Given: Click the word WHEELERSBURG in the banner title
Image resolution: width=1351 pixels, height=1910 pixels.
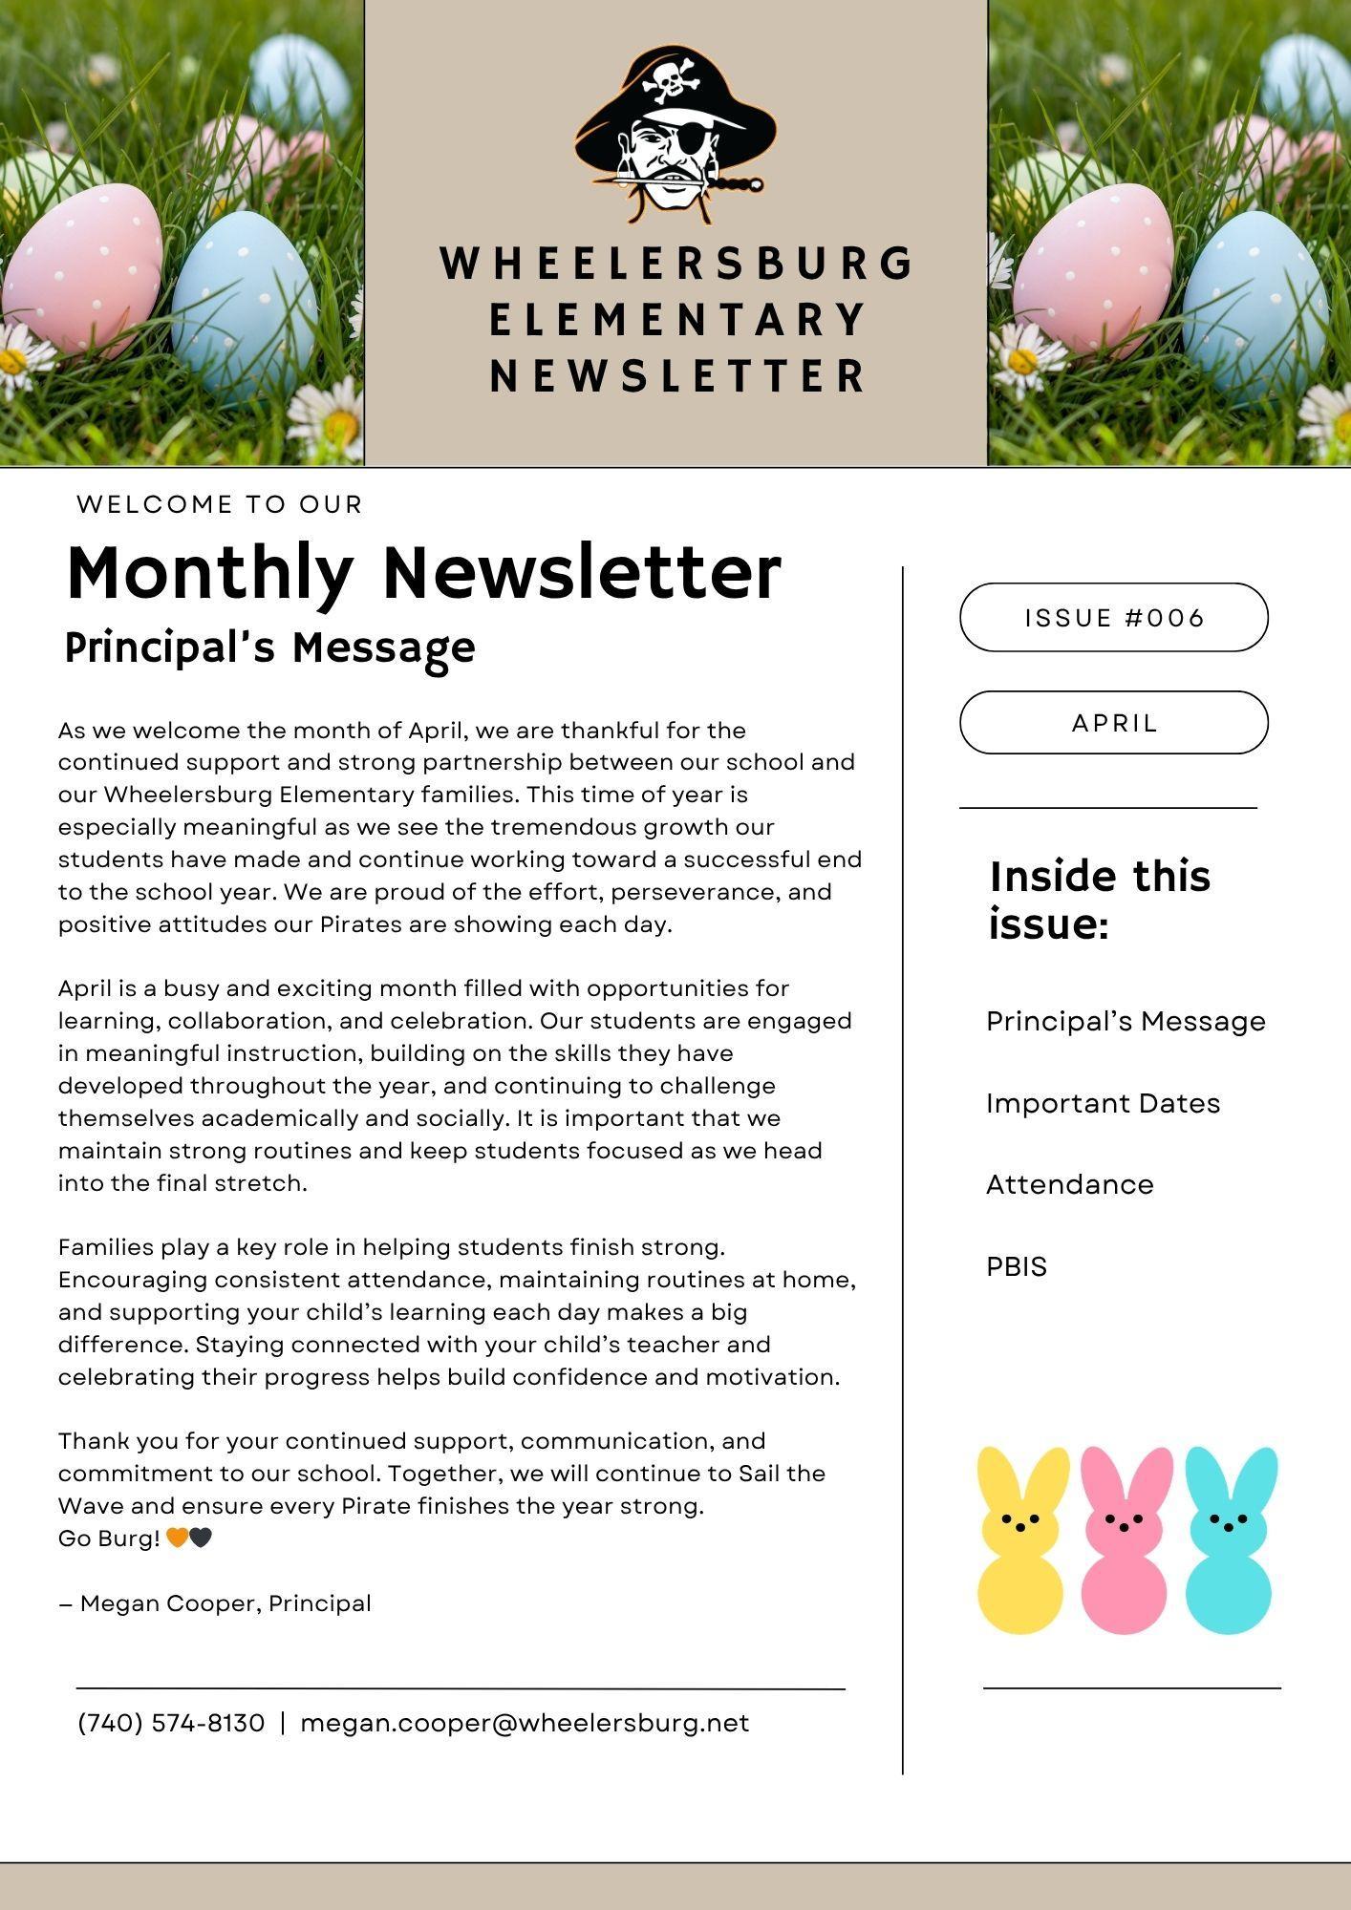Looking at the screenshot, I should (676, 265).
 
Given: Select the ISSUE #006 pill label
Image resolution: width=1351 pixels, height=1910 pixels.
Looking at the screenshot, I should (1114, 618).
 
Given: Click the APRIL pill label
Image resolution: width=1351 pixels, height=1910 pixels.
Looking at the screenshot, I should (1114, 723).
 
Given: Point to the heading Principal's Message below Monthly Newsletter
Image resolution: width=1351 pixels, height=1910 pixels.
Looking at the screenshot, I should (269, 648).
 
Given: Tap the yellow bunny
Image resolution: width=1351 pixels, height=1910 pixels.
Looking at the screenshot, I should (1020, 1539).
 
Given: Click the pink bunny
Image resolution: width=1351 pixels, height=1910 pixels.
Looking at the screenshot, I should (1125, 1539).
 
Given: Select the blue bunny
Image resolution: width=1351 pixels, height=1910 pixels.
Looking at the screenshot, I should (1229, 1539).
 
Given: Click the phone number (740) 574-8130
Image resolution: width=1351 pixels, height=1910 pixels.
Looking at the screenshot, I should (171, 1724).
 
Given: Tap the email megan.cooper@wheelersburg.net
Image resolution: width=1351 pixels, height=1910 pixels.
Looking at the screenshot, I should (525, 1724).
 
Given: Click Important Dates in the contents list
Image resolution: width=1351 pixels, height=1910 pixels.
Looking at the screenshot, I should (1103, 1104).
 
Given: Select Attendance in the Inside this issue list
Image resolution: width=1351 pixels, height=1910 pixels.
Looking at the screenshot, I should (1069, 1185).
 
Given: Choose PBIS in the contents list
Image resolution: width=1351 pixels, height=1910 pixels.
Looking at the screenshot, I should (1017, 1267).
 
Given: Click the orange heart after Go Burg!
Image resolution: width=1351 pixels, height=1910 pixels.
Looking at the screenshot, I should (177, 1539).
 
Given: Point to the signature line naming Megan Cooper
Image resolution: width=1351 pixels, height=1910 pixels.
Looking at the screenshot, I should (215, 1603).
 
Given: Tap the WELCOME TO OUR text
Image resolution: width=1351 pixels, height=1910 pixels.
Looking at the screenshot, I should (220, 505).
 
